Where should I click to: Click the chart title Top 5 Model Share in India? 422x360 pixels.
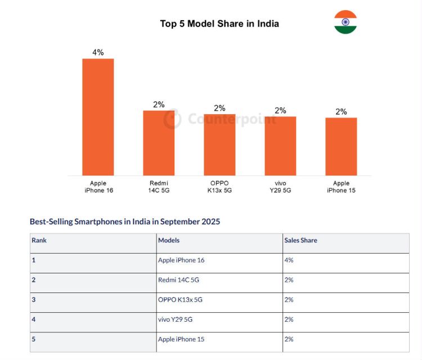tap(219, 24)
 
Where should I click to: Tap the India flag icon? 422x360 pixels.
tap(345, 22)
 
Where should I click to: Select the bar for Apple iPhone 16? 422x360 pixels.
tap(98, 117)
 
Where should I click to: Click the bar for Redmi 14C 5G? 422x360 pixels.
tap(159, 143)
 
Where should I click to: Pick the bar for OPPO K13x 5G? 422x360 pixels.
tap(219, 145)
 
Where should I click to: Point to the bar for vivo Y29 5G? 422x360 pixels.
tap(280, 146)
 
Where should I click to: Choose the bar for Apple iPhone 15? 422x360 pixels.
tap(341, 146)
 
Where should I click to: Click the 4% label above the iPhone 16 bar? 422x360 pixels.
tap(98, 52)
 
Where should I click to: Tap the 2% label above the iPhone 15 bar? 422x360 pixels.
tap(341, 111)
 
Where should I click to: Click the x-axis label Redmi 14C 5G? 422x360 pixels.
tap(159, 187)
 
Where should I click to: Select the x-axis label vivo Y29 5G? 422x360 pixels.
tap(280, 187)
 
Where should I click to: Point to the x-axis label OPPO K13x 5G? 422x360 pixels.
tap(219, 187)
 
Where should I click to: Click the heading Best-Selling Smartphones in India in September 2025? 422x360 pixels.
tap(125, 222)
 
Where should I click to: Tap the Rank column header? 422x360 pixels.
tap(39, 241)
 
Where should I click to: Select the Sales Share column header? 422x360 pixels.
tap(300, 241)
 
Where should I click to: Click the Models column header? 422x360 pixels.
tap(169, 241)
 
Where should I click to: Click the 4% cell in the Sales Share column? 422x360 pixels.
tap(289, 260)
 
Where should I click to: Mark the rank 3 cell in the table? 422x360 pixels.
tap(34, 300)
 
